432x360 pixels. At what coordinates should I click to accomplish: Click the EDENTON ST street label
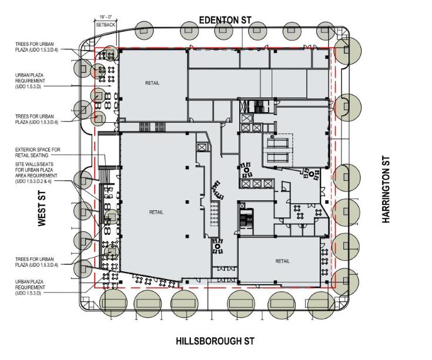[x=225, y=20]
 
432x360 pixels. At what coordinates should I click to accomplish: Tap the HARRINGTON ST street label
[x=386, y=190]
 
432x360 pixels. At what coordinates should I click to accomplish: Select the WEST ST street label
[x=42, y=207]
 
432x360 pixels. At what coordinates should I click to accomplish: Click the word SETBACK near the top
[x=106, y=25]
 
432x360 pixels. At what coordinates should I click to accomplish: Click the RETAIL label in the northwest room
[x=152, y=83]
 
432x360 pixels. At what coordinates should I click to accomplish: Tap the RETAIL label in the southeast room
[x=283, y=261]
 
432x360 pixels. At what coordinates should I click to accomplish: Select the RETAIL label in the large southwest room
[x=156, y=212]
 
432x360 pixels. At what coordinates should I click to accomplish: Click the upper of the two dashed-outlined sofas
[x=280, y=142]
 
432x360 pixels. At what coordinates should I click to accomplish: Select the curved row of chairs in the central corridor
[x=220, y=190]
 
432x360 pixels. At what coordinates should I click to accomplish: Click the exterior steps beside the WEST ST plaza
[x=106, y=174]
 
